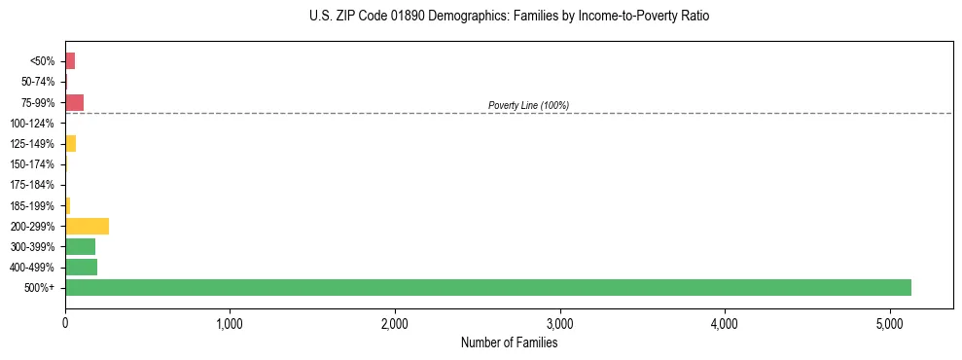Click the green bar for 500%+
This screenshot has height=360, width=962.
click(x=487, y=287)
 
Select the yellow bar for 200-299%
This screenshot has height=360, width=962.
click(x=87, y=226)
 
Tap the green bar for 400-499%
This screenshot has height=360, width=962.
click(x=81, y=267)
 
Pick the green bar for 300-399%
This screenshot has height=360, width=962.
click(x=80, y=246)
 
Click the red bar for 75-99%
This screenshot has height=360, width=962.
click(x=74, y=102)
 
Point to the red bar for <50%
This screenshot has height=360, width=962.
click(x=70, y=61)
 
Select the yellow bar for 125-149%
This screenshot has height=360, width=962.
click(x=70, y=144)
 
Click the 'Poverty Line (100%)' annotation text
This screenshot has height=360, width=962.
click(x=528, y=105)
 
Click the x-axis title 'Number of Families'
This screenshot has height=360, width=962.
click(x=509, y=342)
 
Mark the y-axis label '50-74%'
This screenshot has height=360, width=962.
click(x=39, y=82)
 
